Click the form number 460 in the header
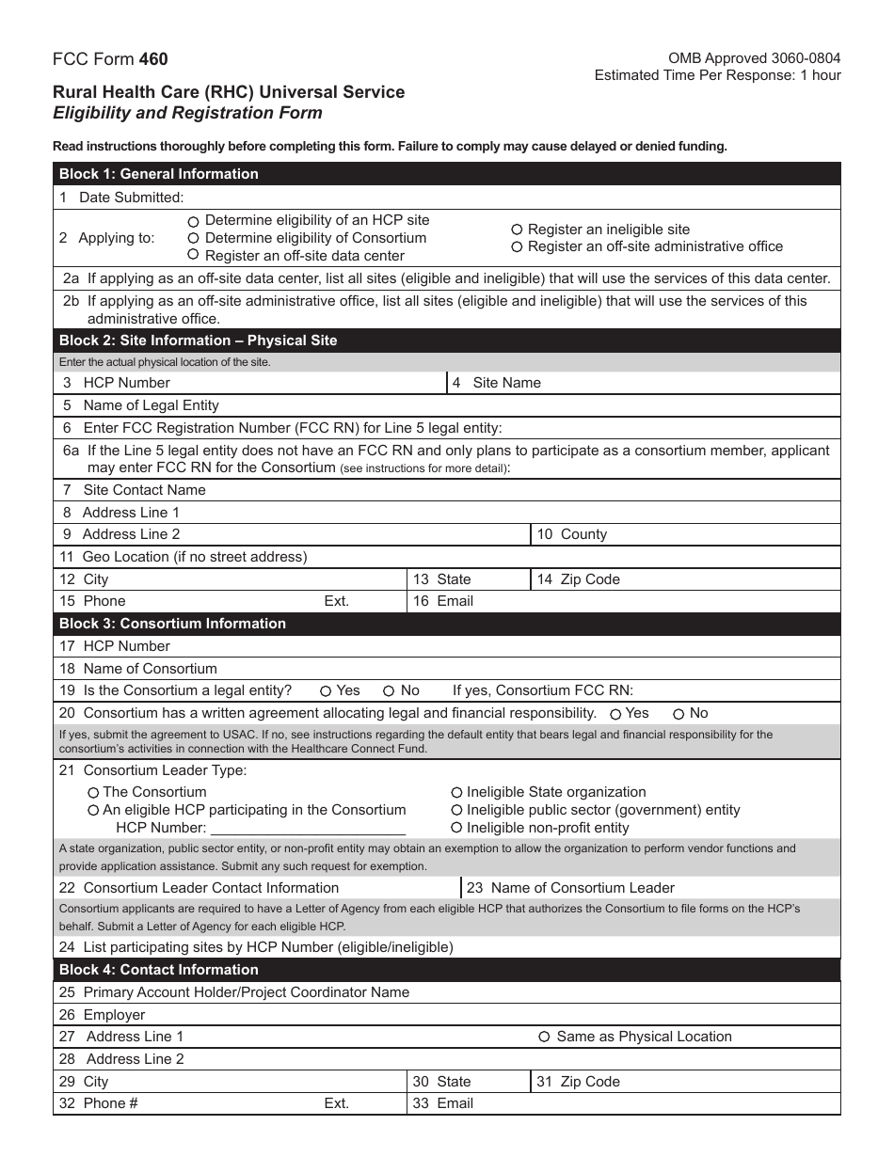pos(153,59)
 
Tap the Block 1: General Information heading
pos(158,174)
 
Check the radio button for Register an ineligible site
pos(517,230)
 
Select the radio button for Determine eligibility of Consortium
pos(193,238)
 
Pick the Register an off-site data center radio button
pos(193,255)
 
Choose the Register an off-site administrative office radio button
pos(517,246)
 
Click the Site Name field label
pos(506,383)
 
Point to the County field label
pos(583,534)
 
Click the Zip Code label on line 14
pos(590,579)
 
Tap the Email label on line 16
pos(455,601)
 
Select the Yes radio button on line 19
pos(326,690)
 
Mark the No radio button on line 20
pos(680,714)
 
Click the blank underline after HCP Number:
pos(308,829)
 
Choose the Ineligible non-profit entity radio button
pos(456,828)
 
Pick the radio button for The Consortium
pos(93,793)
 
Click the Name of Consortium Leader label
pos(583,888)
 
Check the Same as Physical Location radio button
pos(544,1037)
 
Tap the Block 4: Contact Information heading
pos(158,970)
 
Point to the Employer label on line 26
pos(114,1015)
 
